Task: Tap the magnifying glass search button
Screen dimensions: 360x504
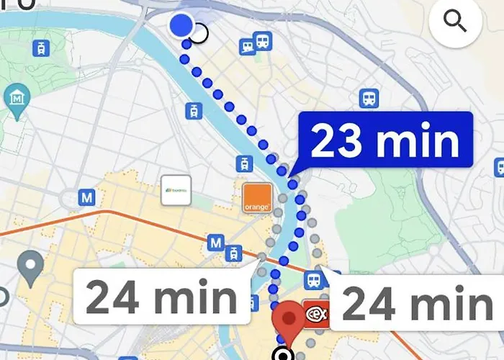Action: click(455, 22)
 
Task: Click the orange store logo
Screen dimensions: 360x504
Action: click(256, 198)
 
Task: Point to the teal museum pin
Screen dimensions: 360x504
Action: click(16, 98)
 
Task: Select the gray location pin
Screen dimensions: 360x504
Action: click(30, 267)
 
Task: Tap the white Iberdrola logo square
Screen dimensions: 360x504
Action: click(176, 190)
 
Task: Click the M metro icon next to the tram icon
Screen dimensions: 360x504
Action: click(215, 243)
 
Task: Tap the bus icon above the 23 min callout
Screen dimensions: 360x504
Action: click(369, 98)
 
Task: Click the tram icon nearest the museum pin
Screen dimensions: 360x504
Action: click(42, 48)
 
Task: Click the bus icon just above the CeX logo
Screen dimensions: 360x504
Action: click(313, 279)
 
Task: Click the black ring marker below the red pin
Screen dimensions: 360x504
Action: click(283, 354)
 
